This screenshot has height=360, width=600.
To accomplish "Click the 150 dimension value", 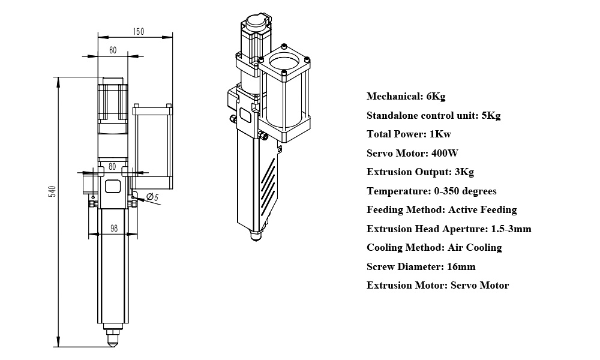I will pos(139,32).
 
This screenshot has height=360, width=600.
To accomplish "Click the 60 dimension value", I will pos(113,50).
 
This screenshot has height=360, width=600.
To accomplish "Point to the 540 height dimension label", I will pos(52,191).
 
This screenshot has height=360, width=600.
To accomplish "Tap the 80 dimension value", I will pos(112,167).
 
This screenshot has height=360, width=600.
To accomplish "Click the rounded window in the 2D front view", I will pos(113,186).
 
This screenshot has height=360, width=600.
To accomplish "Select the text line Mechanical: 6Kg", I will pos(406,96).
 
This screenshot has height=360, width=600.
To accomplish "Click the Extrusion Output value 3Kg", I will pos(464,172).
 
